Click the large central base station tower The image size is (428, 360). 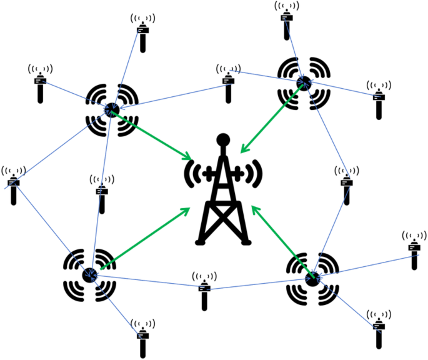[x=222, y=200]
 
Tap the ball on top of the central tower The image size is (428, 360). [x=222, y=139]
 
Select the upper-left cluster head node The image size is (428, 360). [x=112, y=110]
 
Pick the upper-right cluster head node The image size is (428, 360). [x=304, y=82]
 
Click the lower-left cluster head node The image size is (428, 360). [x=90, y=274]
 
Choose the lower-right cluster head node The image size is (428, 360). [x=313, y=277]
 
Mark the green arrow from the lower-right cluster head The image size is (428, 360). [x=281, y=240]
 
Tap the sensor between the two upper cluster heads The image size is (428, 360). [x=228, y=81]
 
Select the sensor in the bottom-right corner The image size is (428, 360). [x=378, y=328]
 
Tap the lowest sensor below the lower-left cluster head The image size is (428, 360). [x=142, y=337]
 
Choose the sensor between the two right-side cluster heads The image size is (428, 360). [x=346, y=186]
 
